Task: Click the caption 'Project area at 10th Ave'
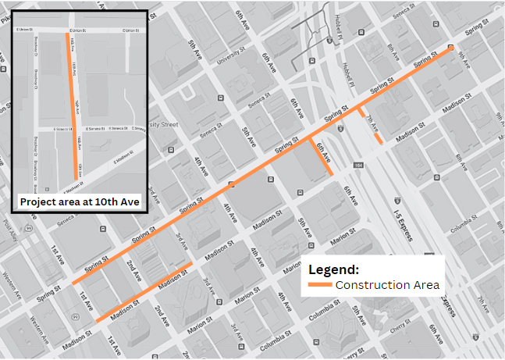(79, 201)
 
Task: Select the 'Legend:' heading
(333, 269)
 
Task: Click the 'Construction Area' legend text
(388, 285)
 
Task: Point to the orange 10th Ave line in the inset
(75, 109)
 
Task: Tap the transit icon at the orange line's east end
(450, 48)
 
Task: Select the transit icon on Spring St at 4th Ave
(231, 185)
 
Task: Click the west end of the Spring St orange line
(73, 283)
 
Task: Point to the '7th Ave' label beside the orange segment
(372, 119)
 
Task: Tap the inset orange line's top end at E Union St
(69, 33)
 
